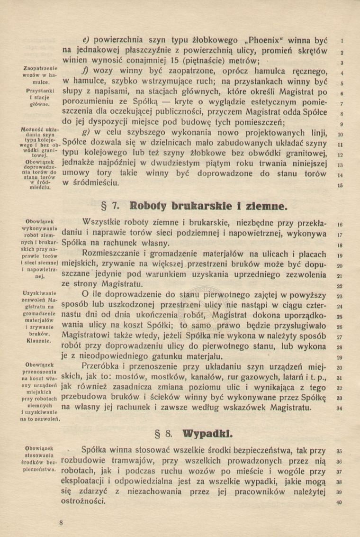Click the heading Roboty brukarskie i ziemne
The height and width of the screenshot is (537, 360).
209,206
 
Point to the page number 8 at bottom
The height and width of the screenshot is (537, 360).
61,522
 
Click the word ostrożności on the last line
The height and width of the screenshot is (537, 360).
84,502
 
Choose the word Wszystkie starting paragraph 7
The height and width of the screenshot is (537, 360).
105,221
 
